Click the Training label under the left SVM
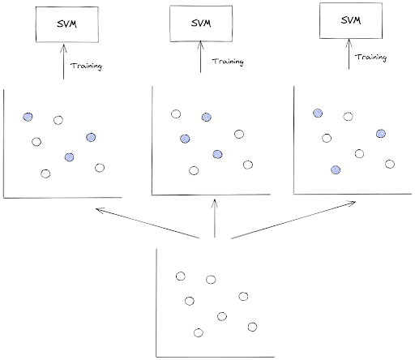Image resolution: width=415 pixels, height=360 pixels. [87, 66]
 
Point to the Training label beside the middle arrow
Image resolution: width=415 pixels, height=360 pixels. [228, 62]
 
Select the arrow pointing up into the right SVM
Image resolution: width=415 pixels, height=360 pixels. [351, 59]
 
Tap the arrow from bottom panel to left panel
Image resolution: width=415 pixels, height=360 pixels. [147, 223]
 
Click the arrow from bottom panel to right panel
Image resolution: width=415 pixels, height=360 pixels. [292, 220]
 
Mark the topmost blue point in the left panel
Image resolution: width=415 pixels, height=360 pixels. [28, 117]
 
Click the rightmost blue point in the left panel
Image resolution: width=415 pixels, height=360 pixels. [90, 136]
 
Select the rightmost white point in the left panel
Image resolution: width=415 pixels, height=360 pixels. [99, 168]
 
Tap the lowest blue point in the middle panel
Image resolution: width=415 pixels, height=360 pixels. [216, 154]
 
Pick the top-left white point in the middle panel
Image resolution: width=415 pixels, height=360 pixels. [175, 114]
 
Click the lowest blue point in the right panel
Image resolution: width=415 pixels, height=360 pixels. [335, 169]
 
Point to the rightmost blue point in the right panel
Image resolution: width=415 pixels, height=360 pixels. [380, 133]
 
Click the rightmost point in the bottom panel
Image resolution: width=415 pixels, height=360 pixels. [252, 326]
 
